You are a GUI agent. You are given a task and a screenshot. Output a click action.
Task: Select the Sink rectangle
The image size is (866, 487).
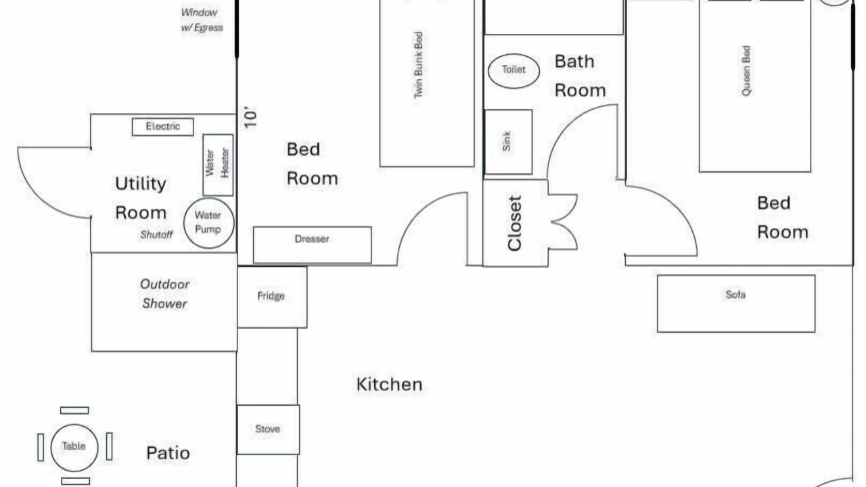(508, 142)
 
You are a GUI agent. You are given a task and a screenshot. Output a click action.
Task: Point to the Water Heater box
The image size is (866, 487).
(218, 165)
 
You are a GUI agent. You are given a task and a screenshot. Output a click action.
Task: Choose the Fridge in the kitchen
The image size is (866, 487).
(272, 297)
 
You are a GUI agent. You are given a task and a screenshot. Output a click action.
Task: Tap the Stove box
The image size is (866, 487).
(268, 430)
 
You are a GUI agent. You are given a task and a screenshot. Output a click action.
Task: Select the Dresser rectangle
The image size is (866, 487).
(313, 245)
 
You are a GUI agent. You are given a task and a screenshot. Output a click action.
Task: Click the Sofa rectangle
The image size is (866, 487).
(736, 304)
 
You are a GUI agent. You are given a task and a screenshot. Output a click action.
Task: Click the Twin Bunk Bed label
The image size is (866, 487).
(418, 65)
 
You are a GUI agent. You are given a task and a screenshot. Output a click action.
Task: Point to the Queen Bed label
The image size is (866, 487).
(746, 71)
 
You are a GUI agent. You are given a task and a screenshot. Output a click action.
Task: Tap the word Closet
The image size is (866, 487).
(515, 223)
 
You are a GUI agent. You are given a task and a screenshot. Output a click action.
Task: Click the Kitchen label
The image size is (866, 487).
(389, 384)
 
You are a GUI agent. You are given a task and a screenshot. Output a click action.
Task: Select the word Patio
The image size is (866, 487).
(168, 453)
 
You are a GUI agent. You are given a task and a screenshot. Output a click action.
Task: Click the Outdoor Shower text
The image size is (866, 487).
(164, 294)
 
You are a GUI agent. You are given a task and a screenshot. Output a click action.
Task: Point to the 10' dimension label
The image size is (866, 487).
(250, 117)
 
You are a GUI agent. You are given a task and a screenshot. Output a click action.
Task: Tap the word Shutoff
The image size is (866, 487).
(156, 234)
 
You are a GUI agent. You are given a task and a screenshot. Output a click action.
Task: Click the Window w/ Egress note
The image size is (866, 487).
(202, 20)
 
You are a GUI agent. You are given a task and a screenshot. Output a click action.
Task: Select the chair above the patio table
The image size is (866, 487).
(74, 411)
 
